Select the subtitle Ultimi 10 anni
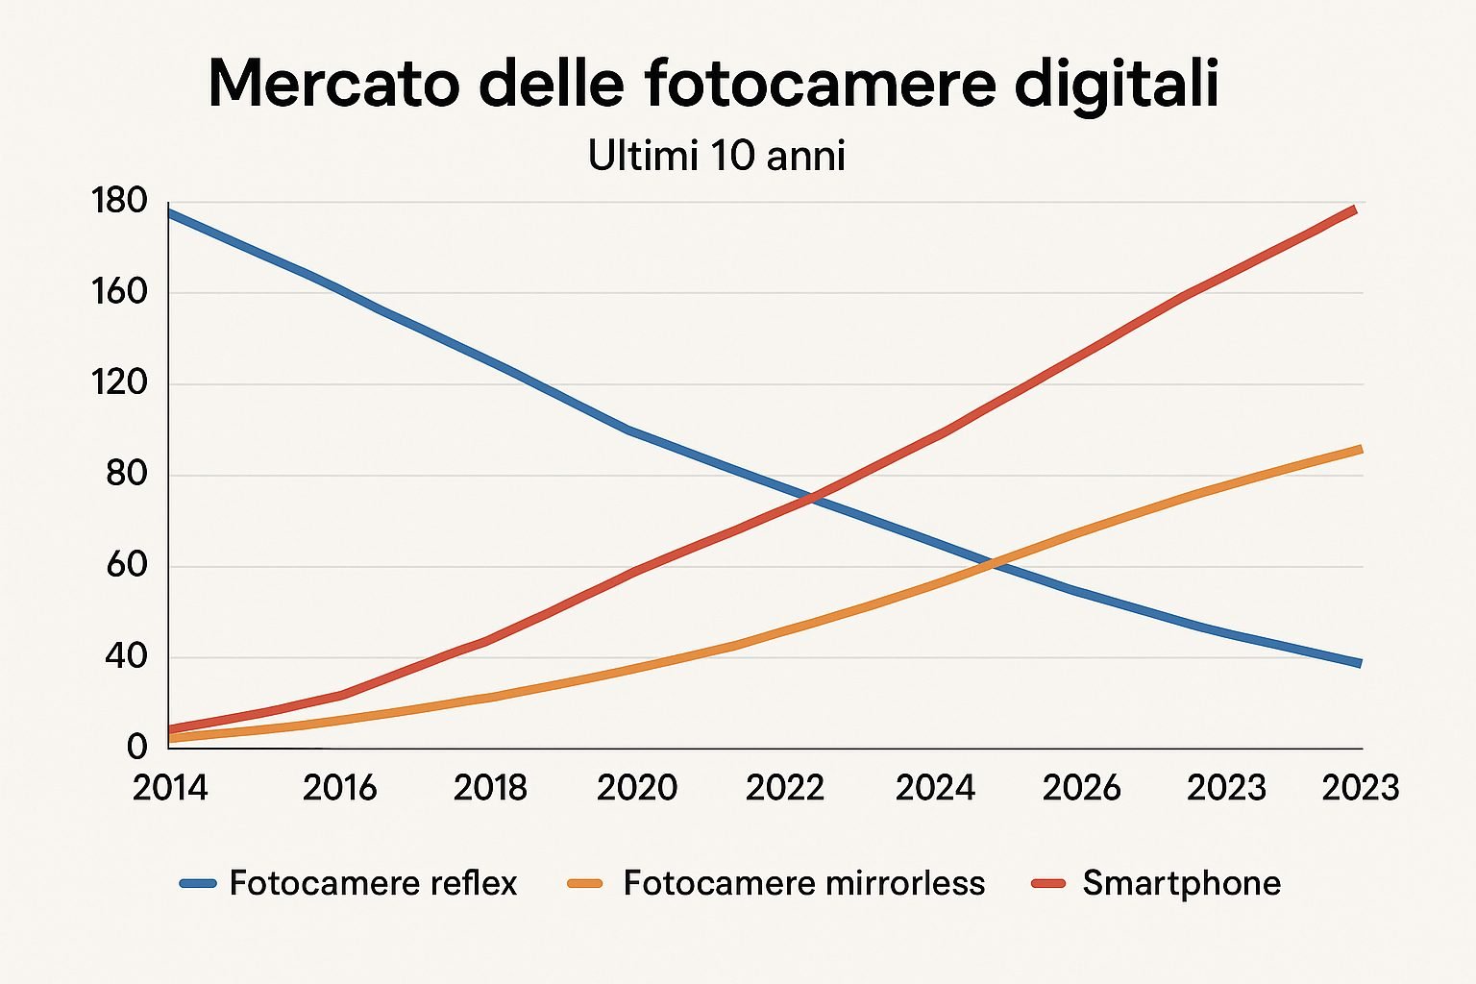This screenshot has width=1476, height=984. pos(716,156)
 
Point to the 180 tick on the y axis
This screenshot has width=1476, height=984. pos(119,202)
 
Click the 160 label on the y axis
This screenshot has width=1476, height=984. pos(119,292)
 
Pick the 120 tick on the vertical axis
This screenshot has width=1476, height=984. pos(119,383)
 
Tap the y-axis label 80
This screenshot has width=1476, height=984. pos(126,475)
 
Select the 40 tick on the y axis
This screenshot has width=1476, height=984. pos(126,657)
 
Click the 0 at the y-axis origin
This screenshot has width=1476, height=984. pos(136,747)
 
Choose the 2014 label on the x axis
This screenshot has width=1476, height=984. pos(170,788)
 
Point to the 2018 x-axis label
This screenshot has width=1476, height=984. pos(490,788)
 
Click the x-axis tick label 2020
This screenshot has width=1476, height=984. pos(637,788)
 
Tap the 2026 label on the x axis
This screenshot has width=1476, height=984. pos(1081,788)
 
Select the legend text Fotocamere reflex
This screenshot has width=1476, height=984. pos(373,883)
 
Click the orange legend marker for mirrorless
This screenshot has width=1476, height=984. pos(585,883)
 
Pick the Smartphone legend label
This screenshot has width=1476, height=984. pos(1181,883)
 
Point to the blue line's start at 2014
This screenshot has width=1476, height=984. pos(170,212)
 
